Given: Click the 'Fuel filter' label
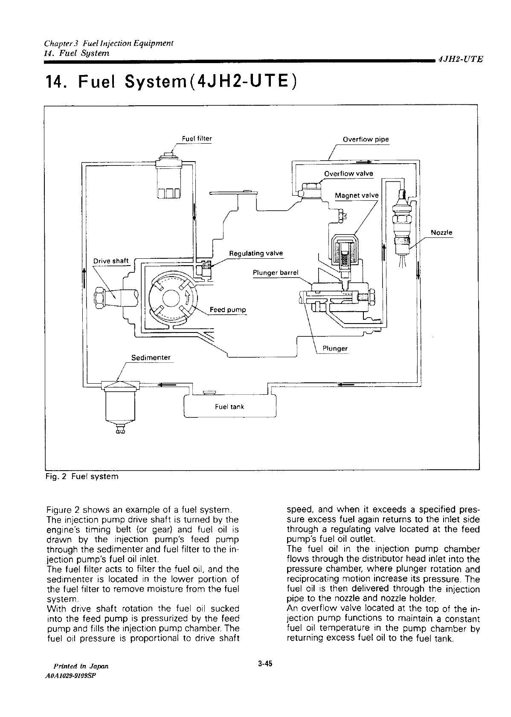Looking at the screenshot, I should click(x=197, y=139).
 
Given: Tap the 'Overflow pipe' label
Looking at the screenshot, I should click(x=366, y=139).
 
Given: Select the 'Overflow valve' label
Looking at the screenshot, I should click(x=348, y=173).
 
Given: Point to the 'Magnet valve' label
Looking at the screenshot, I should click(x=357, y=195).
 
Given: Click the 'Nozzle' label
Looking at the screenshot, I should click(x=441, y=233).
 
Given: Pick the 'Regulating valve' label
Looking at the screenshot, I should click(x=256, y=253).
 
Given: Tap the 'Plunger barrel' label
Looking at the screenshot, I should click(x=276, y=272).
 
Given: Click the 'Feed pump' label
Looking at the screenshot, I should click(x=228, y=309).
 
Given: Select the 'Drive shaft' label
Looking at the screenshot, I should click(x=110, y=261).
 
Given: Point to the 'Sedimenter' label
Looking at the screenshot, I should click(x=151, y=357).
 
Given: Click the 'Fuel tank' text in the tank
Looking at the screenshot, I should click(x=229, y=407).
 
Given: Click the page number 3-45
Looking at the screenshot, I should click(x=265, y=663).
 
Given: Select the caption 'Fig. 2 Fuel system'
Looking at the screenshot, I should click(x=81, y=476).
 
